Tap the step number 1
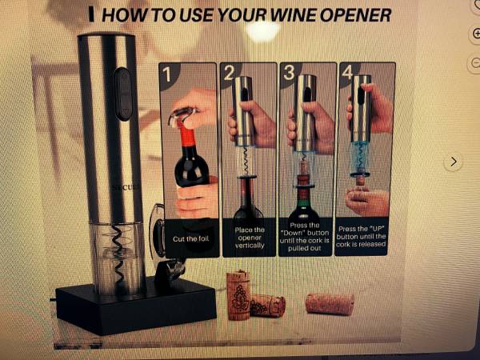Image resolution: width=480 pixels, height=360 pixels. pos(166,74)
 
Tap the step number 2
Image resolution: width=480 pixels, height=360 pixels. pos(229,73)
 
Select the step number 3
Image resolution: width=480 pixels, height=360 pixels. pos(289,73)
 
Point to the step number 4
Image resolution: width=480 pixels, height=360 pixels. pos(347,73)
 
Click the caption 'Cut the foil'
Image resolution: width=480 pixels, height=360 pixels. pos(190,238)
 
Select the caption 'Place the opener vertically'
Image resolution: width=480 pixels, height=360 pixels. pos(250,238)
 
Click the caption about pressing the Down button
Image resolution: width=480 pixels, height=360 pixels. pos(304,237)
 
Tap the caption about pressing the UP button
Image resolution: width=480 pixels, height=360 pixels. pos(361,236)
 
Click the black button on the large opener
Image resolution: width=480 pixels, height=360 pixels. pos(123,94)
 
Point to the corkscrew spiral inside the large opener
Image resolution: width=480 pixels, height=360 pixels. pos(118,257)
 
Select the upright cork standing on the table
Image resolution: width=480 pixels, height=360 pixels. pos(238,294)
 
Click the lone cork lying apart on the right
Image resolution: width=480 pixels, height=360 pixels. pos(330,304)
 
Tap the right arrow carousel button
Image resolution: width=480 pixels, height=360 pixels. pos(454,162)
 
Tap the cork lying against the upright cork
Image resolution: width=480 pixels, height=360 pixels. pos(268,306)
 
